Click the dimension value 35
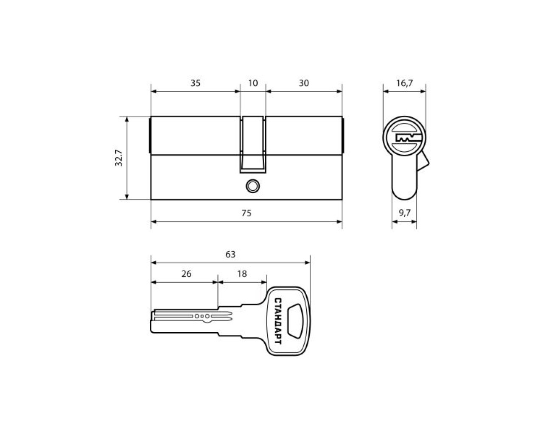click(x=195, y=83)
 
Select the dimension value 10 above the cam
click(x=253, y=83)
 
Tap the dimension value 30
click(x=304, y=83)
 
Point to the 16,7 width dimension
click(x=404, y=83)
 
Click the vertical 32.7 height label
click(x=118, y=158)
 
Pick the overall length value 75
click(x=246, y=213)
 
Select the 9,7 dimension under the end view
click(x=404, y=213)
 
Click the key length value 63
click(x=230, y=254)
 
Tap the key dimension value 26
click(x=186, y=274)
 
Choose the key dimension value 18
click(x=242, y=274)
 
